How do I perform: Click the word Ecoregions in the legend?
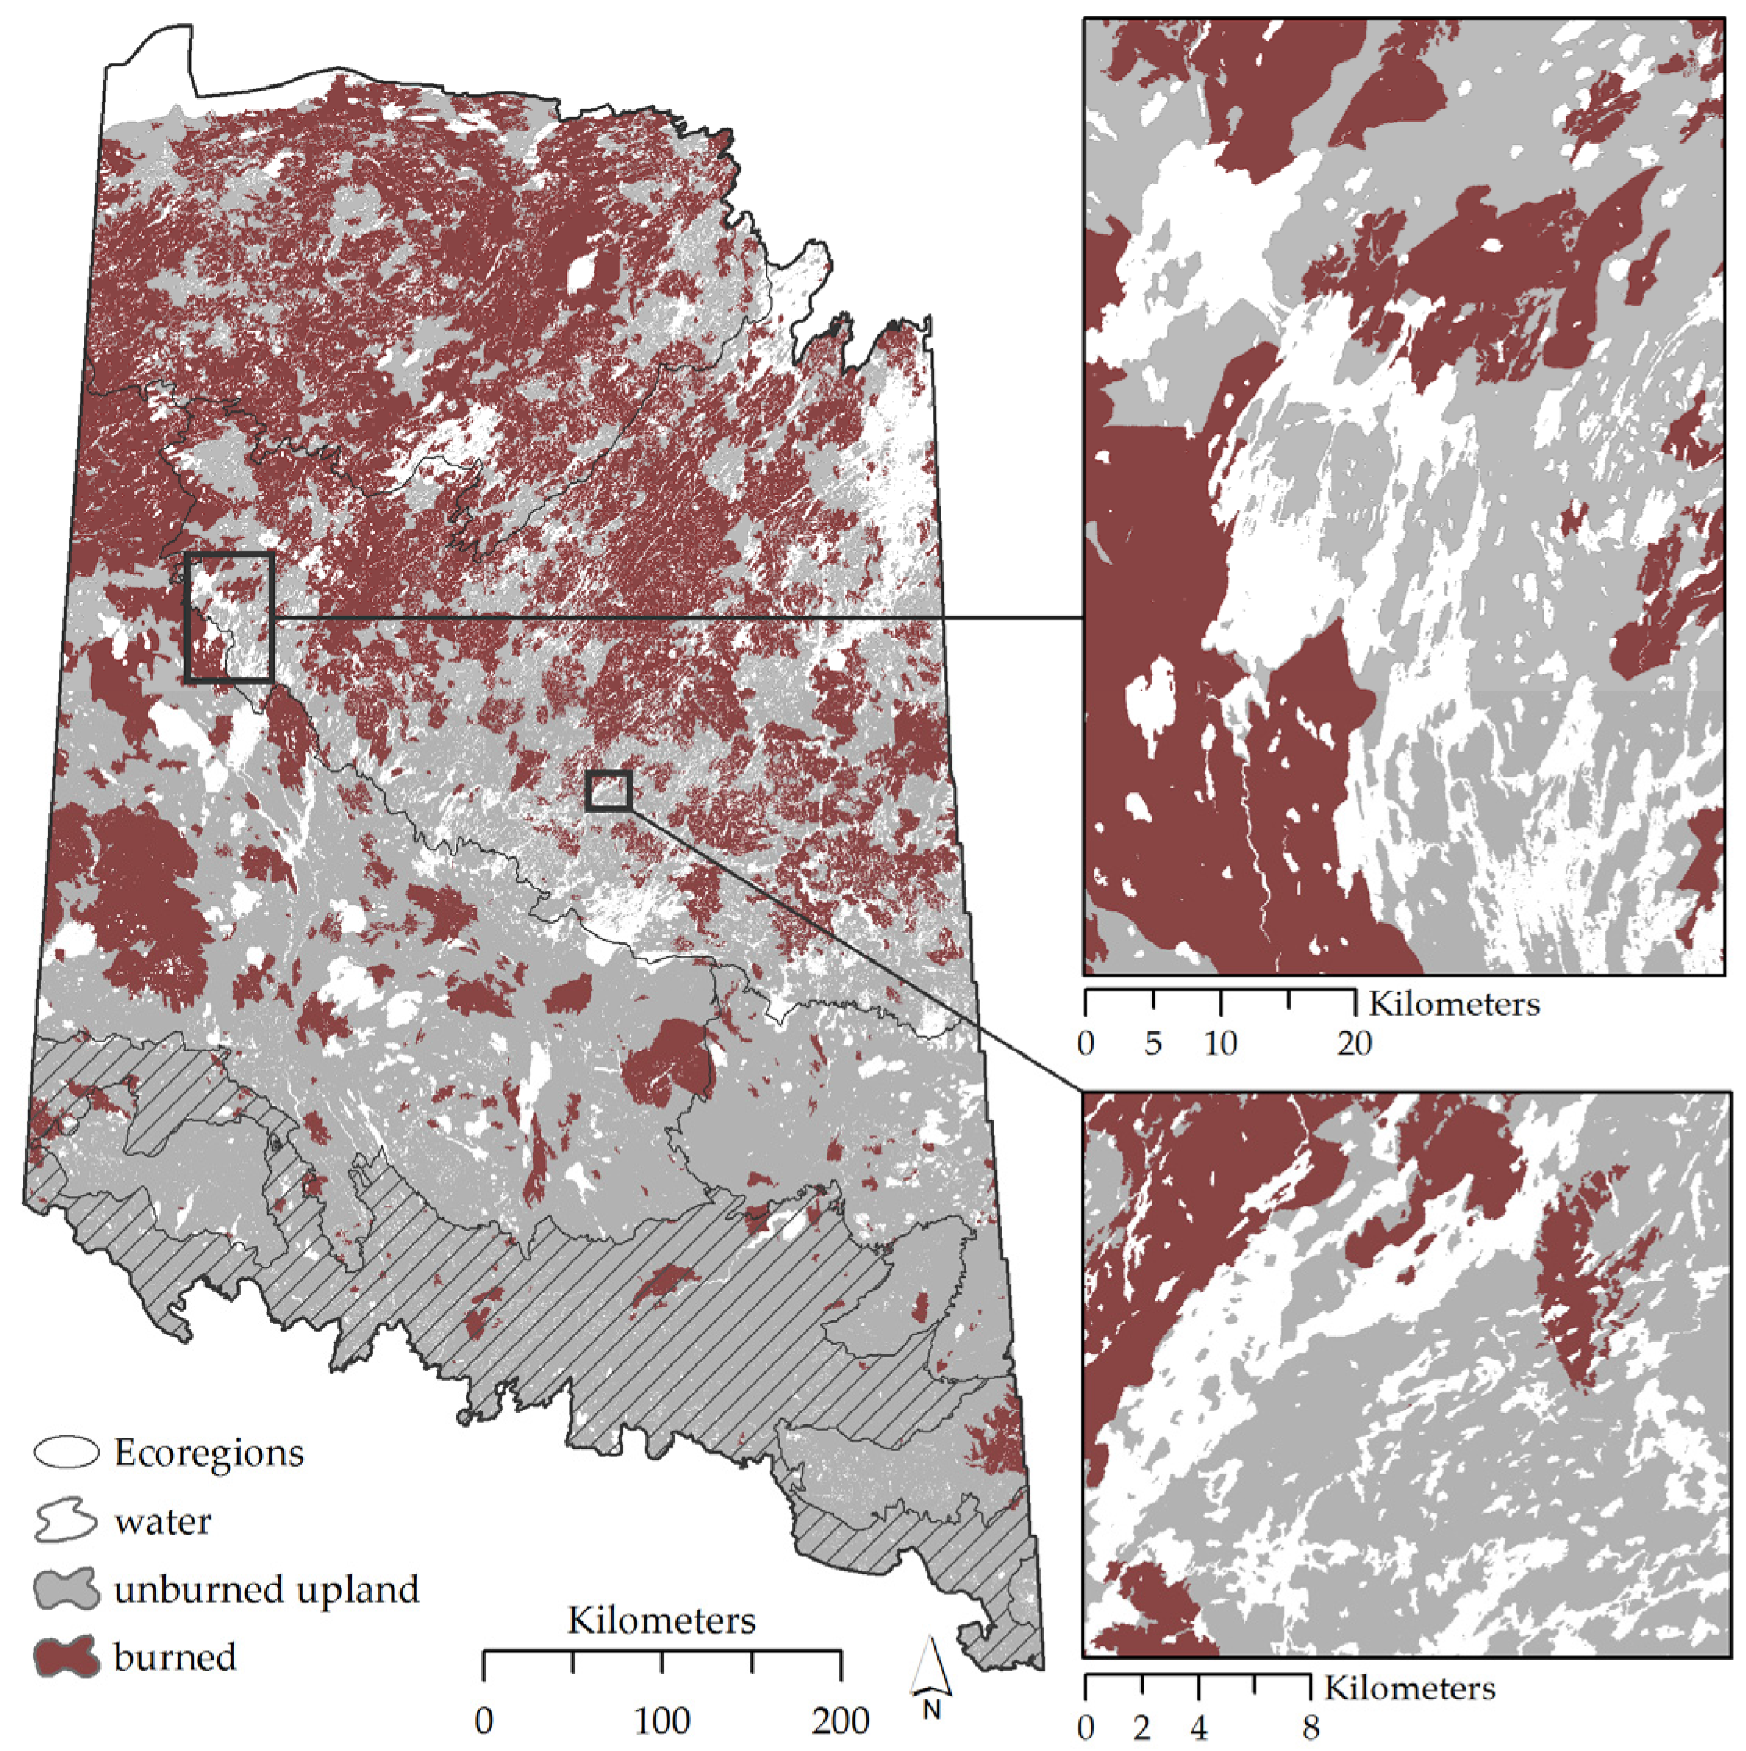(x=209, y=1453)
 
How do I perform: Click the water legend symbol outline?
(x=66, y=1521)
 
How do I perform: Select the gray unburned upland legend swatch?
(x=66, y=1590)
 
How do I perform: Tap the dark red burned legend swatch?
(x=66, y=1658)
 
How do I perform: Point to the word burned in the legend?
(x=174, y=1658)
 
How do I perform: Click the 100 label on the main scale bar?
(x=662, y=1721)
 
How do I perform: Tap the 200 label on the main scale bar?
(x=841, y=1721)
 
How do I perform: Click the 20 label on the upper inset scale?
(x=1355, y=1043)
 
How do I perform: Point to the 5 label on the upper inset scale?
(x=1152, y=1043)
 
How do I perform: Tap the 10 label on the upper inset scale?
(x=1220, y=1043)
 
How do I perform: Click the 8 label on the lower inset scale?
(x=1310, y=1728)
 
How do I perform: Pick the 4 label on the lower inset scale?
(x=1198, y=1728)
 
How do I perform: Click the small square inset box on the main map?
(x=608, y=790)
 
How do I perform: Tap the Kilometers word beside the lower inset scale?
(x=1410, y=1688)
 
